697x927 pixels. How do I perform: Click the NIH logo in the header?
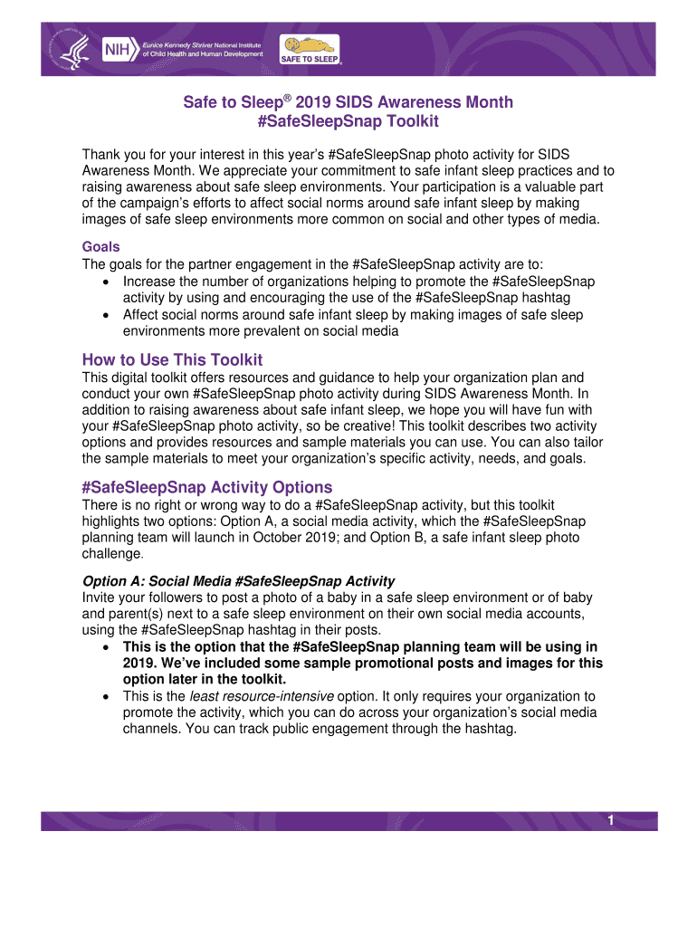pyautogui.click(x=117, y=48)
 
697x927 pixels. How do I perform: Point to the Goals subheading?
pyautogui.click(x=101, y=247)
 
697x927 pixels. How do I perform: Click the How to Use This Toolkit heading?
pyautogui.click(x=172, y=359)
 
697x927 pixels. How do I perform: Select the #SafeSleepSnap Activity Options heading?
pyautogui.click(x=206, y=486)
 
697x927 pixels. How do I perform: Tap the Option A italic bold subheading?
pyautogui.click(x=238, y=580)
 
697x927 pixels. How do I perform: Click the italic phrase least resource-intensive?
pyautogui.click(x=261, y=696)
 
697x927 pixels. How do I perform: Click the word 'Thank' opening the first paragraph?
pyautogui.click(x=103, y=154)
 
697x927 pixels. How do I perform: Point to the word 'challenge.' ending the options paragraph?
pyautogui.click(x=112, y=553)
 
